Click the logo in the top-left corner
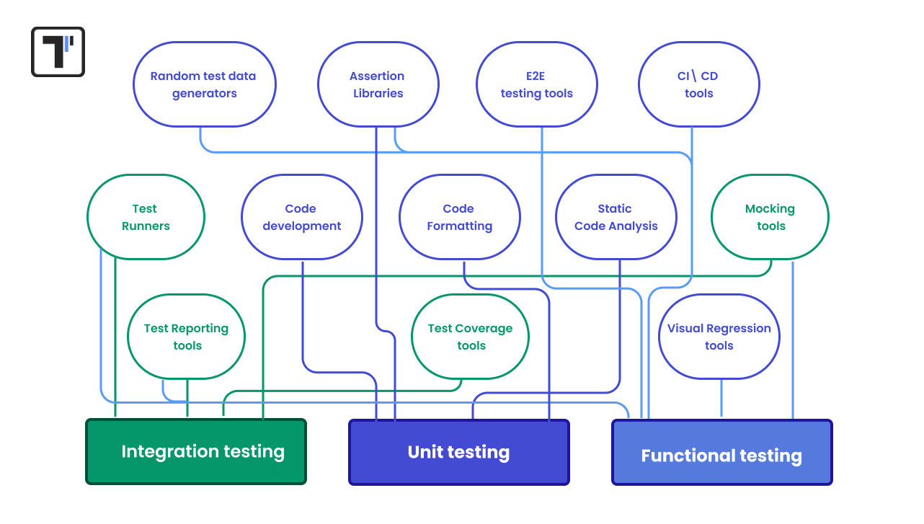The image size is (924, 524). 58,52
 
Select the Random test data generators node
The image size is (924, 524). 205,84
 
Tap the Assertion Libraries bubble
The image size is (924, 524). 378,84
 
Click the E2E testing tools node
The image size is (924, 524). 537,84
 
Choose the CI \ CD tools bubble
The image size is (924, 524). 698,84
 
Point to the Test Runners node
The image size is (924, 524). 146,217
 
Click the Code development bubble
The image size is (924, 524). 301,217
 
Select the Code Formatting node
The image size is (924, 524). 459,217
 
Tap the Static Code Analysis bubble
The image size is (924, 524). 616,217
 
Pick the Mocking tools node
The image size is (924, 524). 770,217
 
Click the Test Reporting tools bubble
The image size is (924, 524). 186,337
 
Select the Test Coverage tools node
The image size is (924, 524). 470,337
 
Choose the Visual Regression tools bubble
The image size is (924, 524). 719,337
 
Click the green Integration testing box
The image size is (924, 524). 196,452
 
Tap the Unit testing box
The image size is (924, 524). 459,453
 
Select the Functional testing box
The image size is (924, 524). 721,453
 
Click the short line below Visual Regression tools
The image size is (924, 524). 721,398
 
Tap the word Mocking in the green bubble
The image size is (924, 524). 770,209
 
